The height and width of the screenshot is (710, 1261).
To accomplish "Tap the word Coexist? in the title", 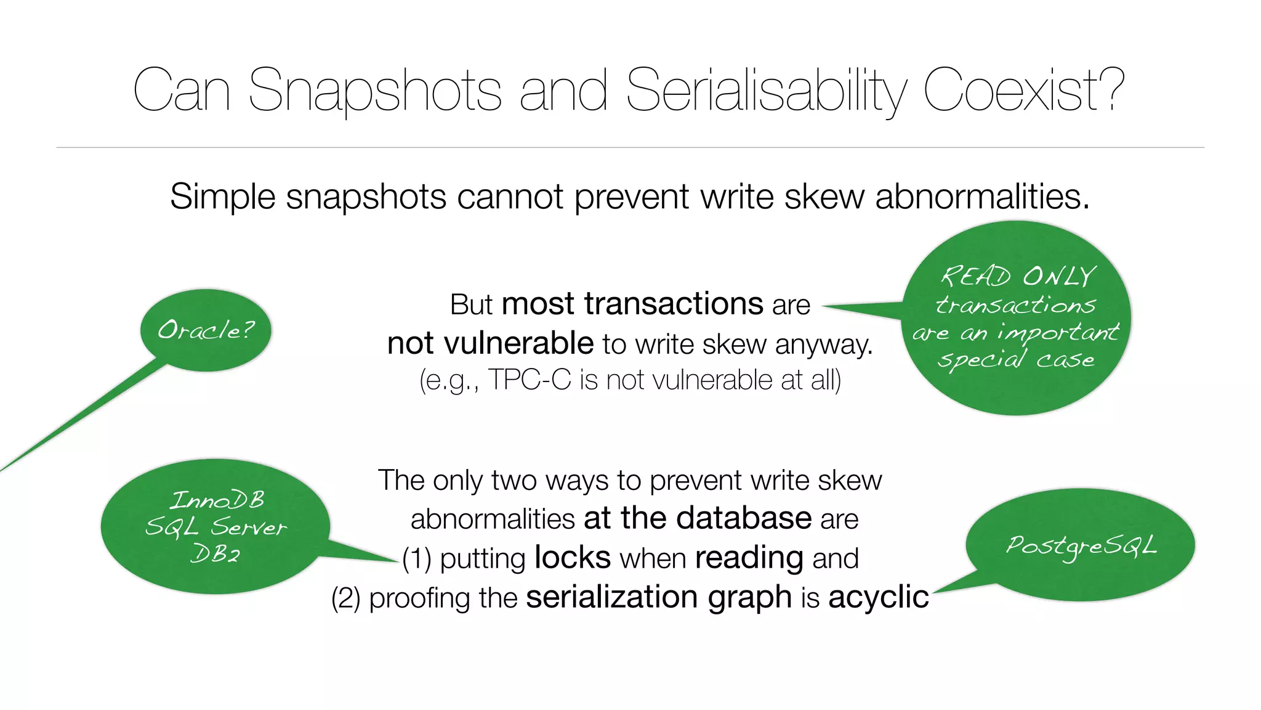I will click(1023, 91).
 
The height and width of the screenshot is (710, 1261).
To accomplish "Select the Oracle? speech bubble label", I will click(206, 330).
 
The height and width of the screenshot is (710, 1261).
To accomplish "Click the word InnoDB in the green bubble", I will click(217, 500).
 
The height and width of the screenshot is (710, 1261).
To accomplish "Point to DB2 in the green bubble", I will click(215, 553).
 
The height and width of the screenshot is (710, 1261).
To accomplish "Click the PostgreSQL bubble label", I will click(1081, 545).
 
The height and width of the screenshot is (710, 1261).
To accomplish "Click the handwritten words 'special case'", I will click(1016, 359).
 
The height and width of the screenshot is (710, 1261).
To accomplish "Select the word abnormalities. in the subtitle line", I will click(982, 197).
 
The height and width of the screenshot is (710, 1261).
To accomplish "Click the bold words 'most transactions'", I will click(632, 304).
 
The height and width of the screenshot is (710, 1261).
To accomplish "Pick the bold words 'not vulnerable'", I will click(490, 343).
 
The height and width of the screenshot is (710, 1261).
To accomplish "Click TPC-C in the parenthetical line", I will click(530, 380).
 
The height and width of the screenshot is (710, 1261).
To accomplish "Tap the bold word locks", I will click(573, 558).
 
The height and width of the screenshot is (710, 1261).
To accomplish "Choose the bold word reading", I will click(749, 558).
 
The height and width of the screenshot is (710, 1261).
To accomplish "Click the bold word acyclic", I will click(878, 597).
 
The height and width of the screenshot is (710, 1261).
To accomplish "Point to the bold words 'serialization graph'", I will click(658, 597).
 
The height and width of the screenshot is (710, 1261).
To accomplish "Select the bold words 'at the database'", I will click(698, 518).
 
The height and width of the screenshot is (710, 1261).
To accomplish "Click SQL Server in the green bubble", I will click(216, 527).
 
